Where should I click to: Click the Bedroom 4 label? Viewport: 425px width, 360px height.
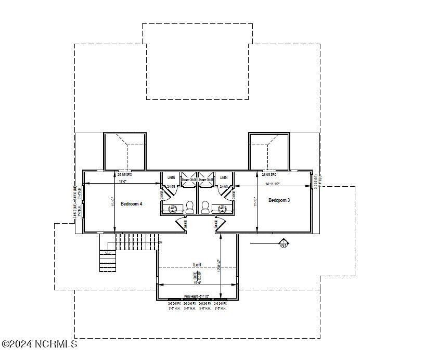tap(131, 204)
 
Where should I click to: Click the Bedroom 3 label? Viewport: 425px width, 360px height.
tap(279, 200)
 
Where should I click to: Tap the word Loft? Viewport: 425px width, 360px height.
tap(197, 265)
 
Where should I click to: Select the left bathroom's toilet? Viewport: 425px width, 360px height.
tap(190, 207)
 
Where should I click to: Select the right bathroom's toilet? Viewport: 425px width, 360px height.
tap(205, 207)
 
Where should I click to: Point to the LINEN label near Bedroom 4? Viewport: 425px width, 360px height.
tap(171, 177)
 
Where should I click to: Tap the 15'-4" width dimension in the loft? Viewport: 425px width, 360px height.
tap(197, 283)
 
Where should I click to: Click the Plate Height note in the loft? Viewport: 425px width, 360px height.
tap(197, 296)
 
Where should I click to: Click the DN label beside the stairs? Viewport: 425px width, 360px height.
tap(160, 242)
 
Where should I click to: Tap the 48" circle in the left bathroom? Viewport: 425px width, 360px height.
tap(173, 209)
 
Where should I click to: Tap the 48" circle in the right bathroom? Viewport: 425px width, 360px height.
tap(223, 209)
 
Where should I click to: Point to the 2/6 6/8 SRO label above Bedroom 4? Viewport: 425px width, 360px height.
tap(125, 175)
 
